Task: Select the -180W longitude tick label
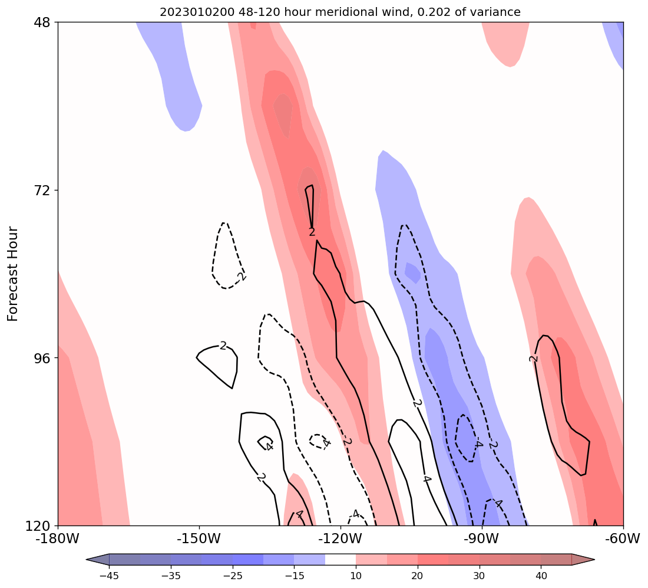58,538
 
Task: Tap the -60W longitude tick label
623,538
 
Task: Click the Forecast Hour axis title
13,274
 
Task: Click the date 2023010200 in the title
189,12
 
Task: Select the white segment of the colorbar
340,560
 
